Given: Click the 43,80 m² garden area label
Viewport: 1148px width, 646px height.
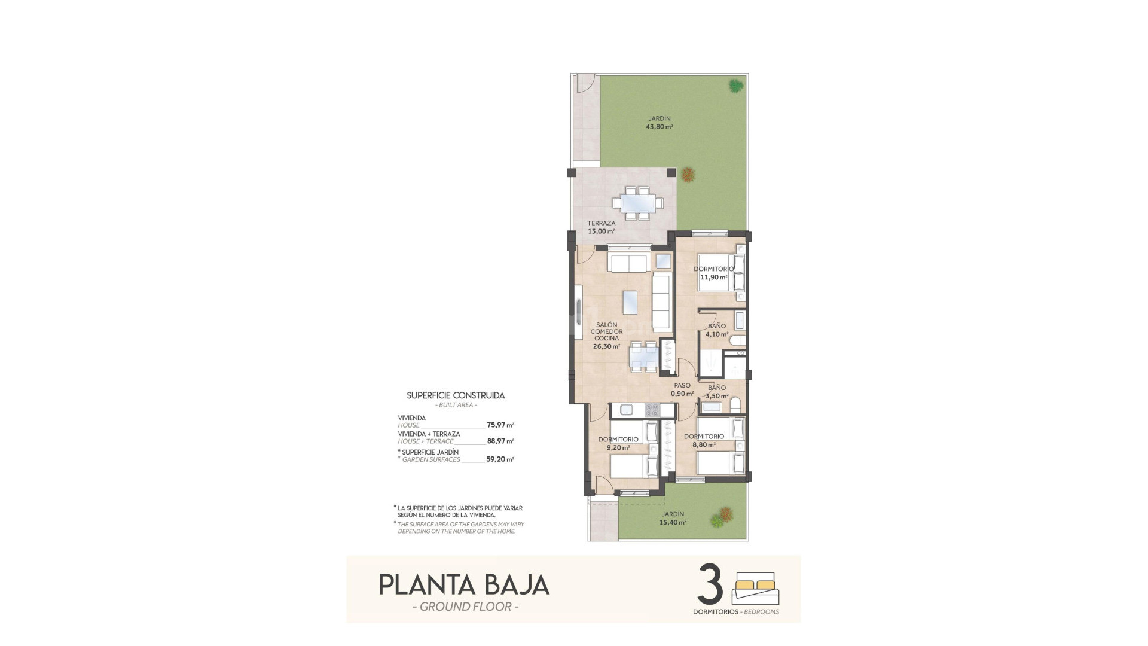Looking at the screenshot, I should click(x=660, y=127).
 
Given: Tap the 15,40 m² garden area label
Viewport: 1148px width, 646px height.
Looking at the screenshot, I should click(x=673, y=522).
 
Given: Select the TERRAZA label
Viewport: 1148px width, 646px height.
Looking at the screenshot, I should click(x=601, y=224).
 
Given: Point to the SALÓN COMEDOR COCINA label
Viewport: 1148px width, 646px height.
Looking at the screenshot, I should click(x=606, y=332).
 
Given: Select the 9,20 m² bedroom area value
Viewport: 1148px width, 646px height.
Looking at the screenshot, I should click(x=618, y=447).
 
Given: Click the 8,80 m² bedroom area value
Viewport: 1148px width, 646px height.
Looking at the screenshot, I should click(x=704, y=445).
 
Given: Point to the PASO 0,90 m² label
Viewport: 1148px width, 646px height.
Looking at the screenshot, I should click(x=682, y=389).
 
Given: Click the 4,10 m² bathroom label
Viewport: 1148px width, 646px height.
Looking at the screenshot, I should click(x=716, y=334).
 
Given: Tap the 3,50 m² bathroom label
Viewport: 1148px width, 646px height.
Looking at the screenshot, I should click(x=716, y=396).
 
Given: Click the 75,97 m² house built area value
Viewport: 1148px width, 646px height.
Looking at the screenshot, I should click(x=500, y=425).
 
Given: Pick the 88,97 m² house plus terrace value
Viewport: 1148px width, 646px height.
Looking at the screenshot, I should click(x=500, y=441).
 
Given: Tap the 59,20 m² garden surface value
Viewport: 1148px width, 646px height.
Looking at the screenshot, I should click(x=500, y=459).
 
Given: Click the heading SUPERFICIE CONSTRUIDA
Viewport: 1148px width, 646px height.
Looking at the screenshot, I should click(x=456, y=395).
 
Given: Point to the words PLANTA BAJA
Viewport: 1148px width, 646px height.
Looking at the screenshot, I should click(x=464, y=584).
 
